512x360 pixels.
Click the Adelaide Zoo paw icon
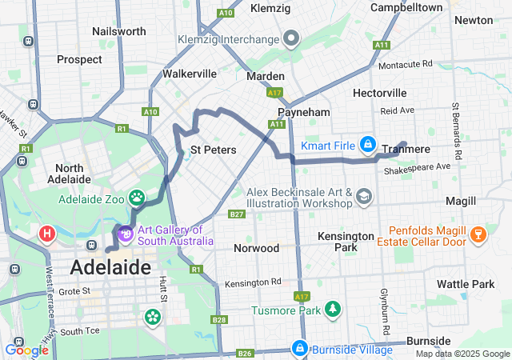coord(138,197)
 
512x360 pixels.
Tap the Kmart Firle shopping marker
coord(367,145)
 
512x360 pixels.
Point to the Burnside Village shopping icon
coord(299,348)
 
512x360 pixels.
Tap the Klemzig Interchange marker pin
coord(291,38)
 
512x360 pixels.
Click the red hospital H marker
coord(47,234)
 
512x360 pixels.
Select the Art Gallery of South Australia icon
coord(125,234)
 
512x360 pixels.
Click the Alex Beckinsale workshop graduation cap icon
coord(364,197)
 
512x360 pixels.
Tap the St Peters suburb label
coord(212,150)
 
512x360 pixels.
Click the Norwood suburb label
coord(257,248)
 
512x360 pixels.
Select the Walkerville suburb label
coord(190,74)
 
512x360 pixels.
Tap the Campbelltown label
coord(406,7)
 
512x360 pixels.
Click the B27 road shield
coord(236,214)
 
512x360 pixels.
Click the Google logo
coord(26,350)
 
